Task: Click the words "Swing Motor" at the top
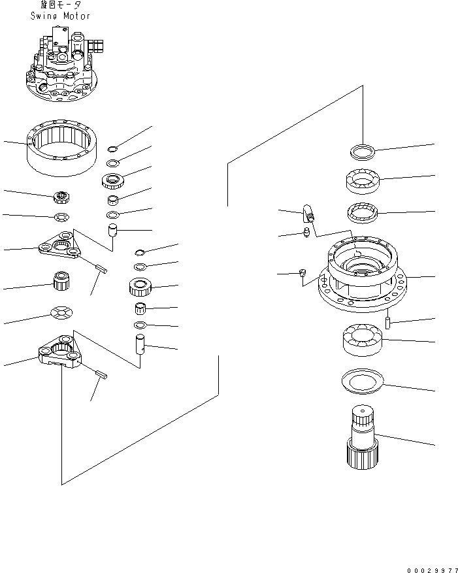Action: [60, 16]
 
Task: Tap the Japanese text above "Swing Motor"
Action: [60, 5]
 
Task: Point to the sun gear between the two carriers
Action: [61, 283]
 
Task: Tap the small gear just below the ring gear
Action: [61, 195]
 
